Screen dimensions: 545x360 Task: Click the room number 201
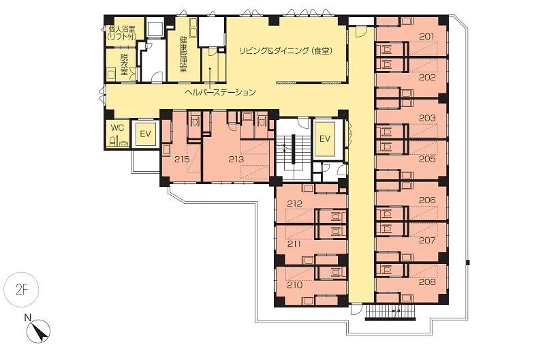pos(427,36)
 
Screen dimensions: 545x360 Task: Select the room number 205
pos(427,159)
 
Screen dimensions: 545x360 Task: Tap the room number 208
pos(427,282)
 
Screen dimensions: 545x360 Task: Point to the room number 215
pos(182,160)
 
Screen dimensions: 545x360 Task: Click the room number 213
pos(236,160)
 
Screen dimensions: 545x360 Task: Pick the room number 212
pos(295,203)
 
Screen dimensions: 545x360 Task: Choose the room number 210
pos(295,285)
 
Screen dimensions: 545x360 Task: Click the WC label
pos(117,127)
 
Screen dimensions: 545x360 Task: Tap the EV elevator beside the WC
pos(146,134)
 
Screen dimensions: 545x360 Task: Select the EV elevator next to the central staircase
pos(325,139)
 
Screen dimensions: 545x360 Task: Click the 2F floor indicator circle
pos(21,290)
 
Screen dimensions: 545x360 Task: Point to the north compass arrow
pos(40,331)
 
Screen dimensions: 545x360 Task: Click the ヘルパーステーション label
pos(220,92)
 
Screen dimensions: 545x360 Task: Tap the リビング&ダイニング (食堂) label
pos(285,51)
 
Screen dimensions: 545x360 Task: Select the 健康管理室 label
pos(183,54)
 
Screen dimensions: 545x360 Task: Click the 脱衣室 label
pos(124,64)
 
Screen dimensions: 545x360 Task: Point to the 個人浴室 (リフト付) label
pos(121,32)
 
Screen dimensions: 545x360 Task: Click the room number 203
pos(427,118)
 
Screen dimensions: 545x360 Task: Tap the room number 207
pos(427,241)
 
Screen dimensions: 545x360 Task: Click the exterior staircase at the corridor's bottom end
pos(390,312)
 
